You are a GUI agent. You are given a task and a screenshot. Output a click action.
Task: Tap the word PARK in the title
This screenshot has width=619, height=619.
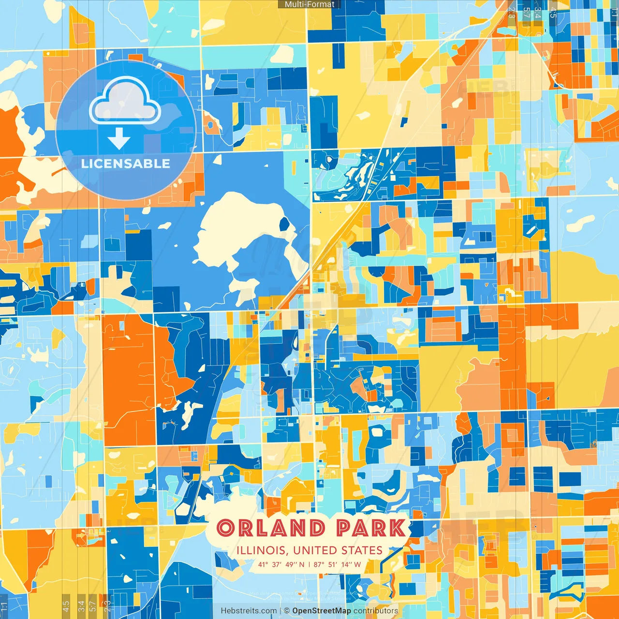tap(371, 528)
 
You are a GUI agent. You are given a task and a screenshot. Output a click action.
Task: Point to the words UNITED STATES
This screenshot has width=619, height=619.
tap(338, 550)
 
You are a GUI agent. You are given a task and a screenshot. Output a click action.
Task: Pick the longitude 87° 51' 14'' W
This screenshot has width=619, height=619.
tap(338, 564)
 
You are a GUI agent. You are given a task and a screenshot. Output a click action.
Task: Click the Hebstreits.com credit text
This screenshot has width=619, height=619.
tap(249, 611)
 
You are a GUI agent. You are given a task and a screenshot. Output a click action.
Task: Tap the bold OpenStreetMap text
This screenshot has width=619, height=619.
tap(322, 611)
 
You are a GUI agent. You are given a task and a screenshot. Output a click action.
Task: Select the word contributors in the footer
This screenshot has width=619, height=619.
tap(376, 611)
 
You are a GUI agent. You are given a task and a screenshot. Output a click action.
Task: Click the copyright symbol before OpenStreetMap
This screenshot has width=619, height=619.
tap(287, 611)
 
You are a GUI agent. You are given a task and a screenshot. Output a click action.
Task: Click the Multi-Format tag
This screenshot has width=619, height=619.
tap(309, 4)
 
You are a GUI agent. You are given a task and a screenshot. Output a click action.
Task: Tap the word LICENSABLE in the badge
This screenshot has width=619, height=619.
tap(126, 163)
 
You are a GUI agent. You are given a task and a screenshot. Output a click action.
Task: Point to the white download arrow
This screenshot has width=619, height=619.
tap(119, 138)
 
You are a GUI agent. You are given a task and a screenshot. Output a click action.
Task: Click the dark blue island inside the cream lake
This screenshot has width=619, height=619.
tap(284, 224)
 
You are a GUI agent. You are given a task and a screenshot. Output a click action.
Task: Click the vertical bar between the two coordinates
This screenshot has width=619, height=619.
tap(309, 564)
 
